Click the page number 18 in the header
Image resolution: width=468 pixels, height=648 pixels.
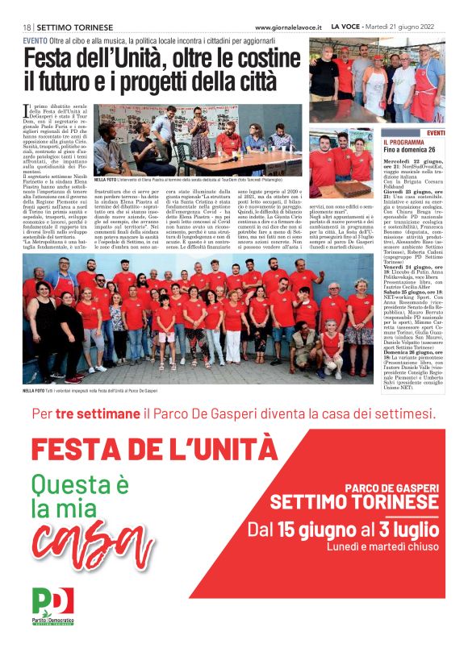[x=27, y=27]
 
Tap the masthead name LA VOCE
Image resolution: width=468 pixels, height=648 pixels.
[x=347, y=27]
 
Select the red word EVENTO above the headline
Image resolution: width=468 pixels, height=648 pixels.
[x=35, y=40]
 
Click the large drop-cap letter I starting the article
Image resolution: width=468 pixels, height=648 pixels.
[x=26, y=110]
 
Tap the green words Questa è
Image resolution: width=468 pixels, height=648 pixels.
[x=80, y=484]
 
